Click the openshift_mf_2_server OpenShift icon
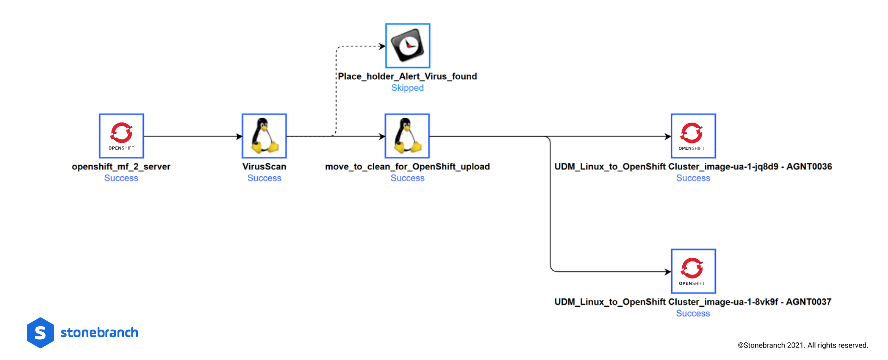tap(121, 136)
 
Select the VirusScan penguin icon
tap(264, 136)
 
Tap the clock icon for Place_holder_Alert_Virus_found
tap(407, 46)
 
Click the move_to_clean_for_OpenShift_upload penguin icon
tap(407, 136)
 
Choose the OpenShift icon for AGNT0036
tap(693, 136)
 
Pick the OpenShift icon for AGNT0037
tap(693, 271)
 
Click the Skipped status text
tap(407, 88)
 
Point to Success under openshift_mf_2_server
tap(121, 178)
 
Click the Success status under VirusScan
tap(264, 178)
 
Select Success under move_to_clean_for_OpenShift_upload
tap(407, 178)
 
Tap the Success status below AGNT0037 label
tap(692, 313)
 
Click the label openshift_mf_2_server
tap(121, 167)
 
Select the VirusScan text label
tap(264, 167)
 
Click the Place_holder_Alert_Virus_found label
tap(407, 76)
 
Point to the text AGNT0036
tap(809, 167)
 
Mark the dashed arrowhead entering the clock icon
tap(382, 46)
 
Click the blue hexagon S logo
tap(41, 333)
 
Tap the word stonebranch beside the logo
tap(99, 333)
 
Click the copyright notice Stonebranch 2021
tap(803, 345)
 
